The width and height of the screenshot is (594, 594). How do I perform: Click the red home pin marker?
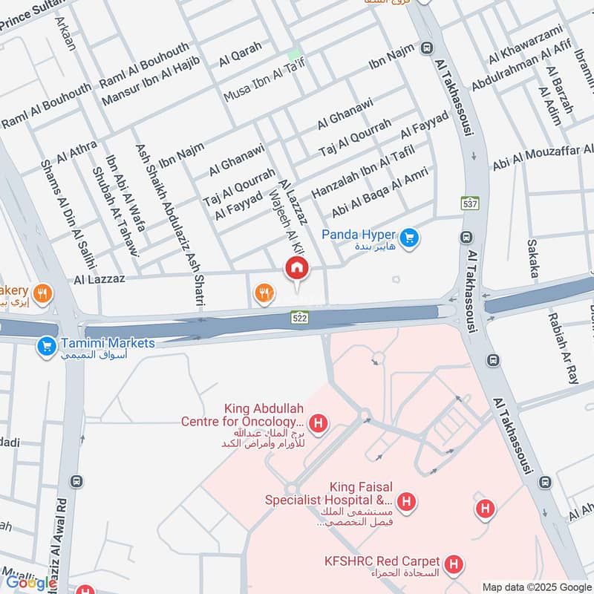(x=296, y=269)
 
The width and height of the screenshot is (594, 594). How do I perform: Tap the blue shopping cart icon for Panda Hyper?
(x=408, y=238)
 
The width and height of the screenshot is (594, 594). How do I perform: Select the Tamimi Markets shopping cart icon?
(x=47, y=346)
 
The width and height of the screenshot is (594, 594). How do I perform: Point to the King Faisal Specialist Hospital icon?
(x=405, y=503)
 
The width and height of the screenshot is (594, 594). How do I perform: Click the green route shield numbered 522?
(x=298, y=318)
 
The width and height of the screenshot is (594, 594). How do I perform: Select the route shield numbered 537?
(x=470, y=203)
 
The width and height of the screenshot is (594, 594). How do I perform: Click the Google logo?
(x=31, y=583)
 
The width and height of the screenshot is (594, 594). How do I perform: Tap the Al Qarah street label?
(x=240, y=53)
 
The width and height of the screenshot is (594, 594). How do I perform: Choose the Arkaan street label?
(x=65, y=30)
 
